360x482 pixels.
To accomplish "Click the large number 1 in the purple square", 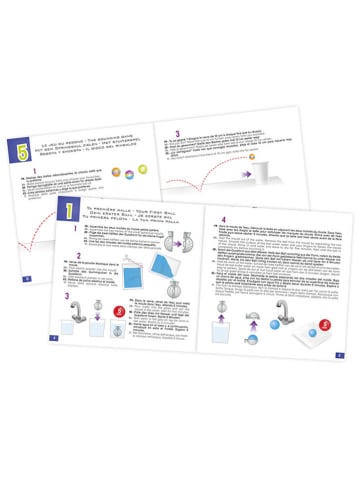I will [68, 210].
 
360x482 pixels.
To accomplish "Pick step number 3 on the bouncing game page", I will [178, 133].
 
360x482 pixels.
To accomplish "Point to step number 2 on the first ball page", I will [68, 257].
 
